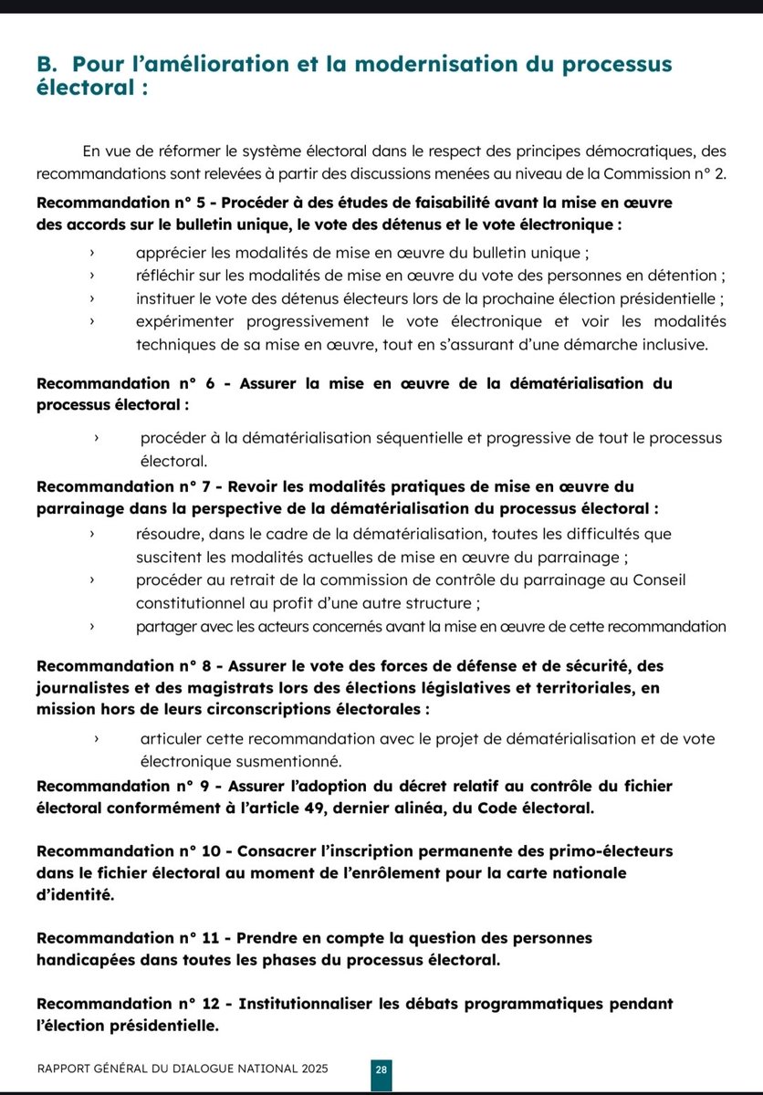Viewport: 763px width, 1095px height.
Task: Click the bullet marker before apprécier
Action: (92, 252)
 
